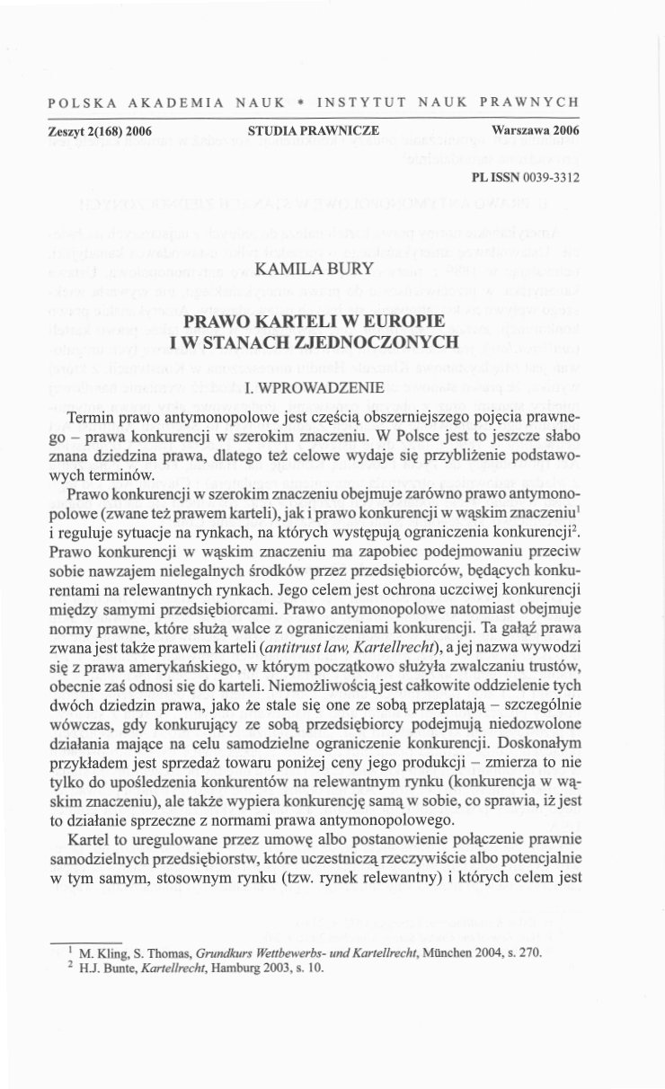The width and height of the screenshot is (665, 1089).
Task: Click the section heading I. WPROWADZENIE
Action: [314, 388]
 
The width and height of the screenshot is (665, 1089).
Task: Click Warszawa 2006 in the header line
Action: [535, 131]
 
